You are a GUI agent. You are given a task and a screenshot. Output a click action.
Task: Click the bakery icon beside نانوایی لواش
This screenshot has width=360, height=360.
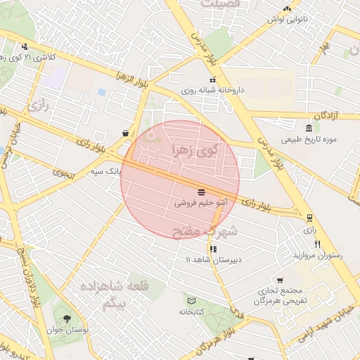pos(286,8)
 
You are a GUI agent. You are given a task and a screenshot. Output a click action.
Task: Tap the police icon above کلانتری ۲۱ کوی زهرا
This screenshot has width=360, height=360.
pos(25,46)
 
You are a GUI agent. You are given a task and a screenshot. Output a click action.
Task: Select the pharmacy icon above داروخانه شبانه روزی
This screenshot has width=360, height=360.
pos(212,79)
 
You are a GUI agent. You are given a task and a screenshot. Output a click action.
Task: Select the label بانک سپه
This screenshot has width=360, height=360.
pos(106,171)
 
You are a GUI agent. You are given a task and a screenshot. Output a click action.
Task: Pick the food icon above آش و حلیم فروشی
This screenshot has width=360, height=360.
pos(202,191)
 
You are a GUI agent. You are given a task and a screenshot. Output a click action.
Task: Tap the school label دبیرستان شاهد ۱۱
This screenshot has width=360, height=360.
pos(213,259)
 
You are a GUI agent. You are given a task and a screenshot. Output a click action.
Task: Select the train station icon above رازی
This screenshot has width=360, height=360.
pos(309,218)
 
